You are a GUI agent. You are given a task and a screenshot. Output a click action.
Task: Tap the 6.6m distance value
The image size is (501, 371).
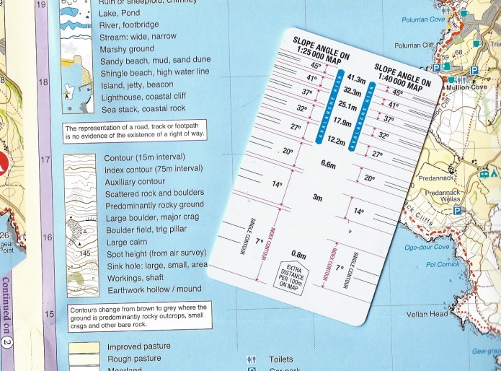(x=328, y=165)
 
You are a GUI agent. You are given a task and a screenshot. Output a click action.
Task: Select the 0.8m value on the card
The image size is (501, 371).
(x=298, y=254)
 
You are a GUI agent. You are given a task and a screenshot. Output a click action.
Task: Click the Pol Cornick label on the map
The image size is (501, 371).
(x=443, y=265)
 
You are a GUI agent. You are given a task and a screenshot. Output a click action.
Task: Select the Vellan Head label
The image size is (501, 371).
(x=427, y=314)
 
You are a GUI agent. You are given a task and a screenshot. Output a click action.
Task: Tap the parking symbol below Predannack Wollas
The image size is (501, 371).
(x=457, y=211)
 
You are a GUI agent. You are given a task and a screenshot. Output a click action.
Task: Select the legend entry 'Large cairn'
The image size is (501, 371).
(x=128, y=243)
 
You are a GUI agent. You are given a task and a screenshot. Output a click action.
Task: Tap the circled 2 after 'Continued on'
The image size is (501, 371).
(x=6, y=344)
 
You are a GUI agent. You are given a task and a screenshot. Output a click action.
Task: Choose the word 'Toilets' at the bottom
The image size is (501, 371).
(x=280, y=359)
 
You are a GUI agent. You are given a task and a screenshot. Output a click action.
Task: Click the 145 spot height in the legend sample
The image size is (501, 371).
(x=85, y=253)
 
